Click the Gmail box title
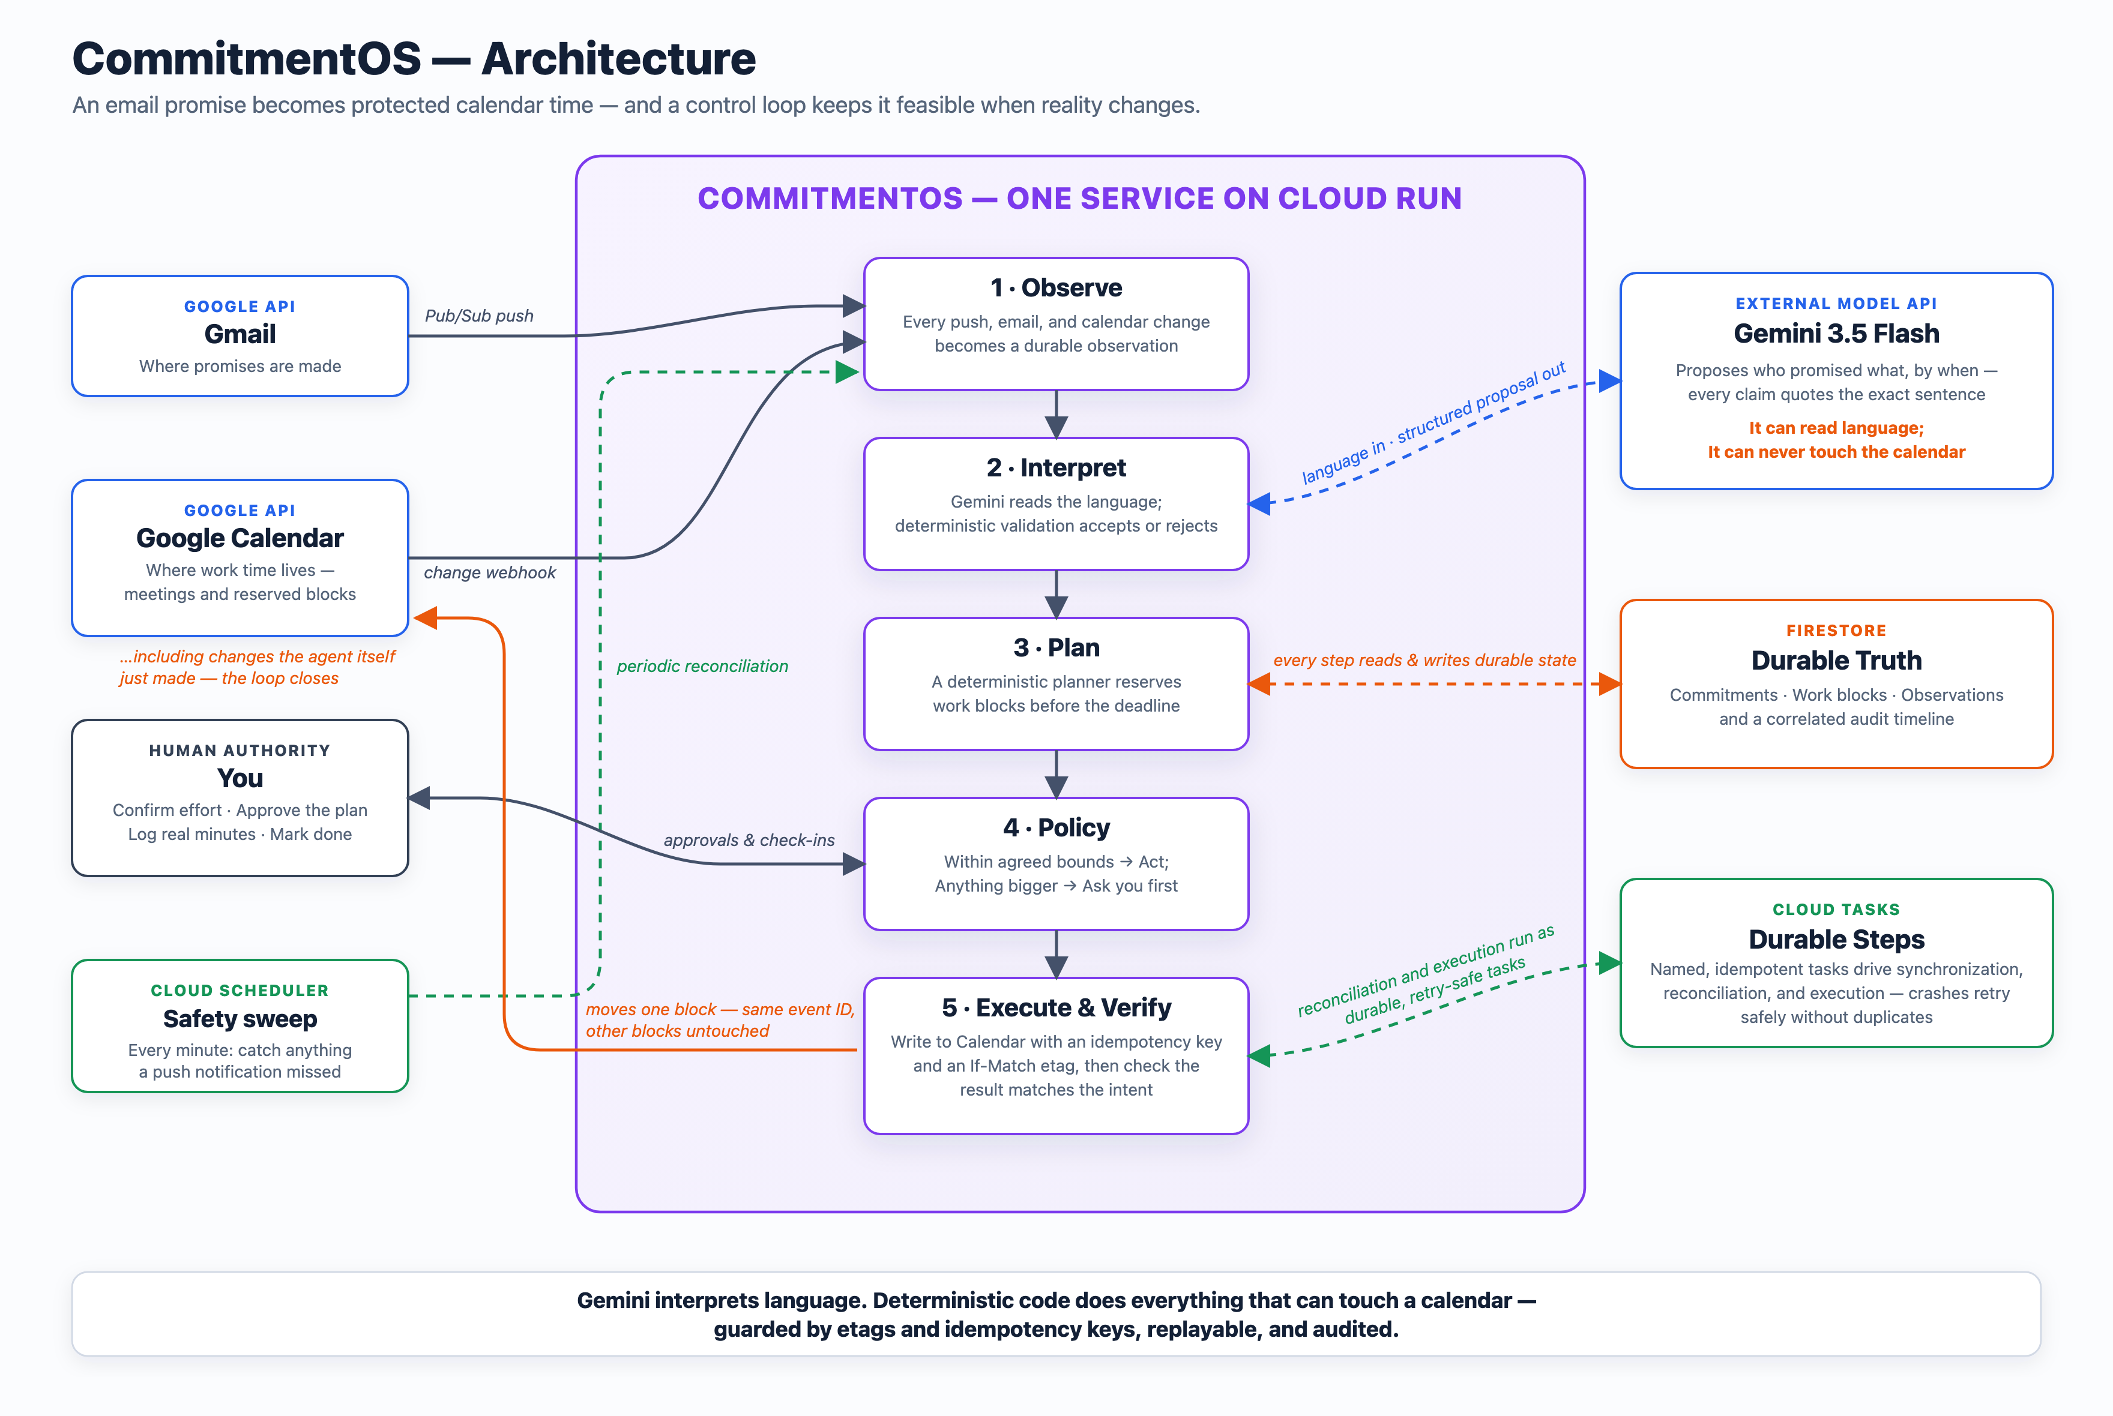coord(240,334)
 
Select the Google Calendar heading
coord(240,538)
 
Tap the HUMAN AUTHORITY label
coord(240,751)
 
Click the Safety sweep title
coord(240,1019)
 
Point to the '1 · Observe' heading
coord(1056,287)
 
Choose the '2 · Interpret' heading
coord(1056,468)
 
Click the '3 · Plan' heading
coord(1056,647)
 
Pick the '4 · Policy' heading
coord(1056,827)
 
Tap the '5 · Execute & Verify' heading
coord(1056,1007)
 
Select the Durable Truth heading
coord(1836,660)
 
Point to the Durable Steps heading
coord(1836,939)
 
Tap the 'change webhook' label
coord(490,572)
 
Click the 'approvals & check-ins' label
coord(749,840)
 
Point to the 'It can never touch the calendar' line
coord(1836,452)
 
